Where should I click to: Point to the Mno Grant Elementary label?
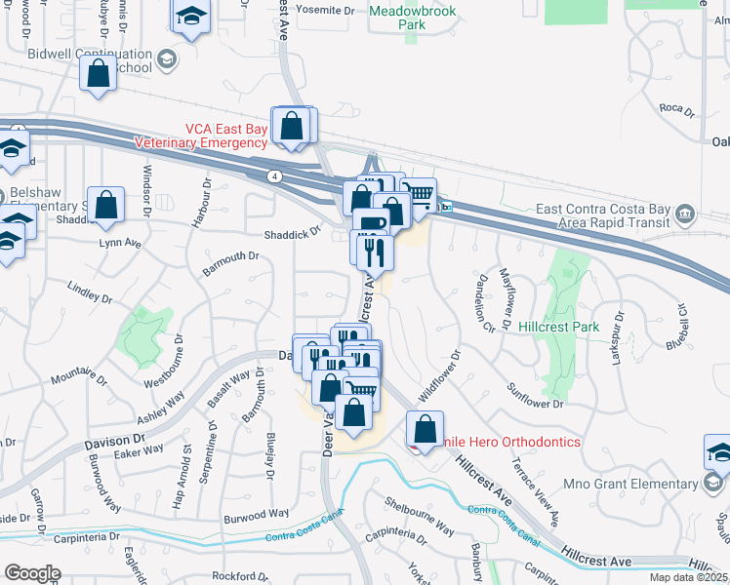click(638, 483)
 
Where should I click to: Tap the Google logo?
click(32, 573)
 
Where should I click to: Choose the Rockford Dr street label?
click(219, 575)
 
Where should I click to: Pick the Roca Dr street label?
click(675, 109)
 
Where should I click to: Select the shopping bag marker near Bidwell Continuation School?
click(98, 73)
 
